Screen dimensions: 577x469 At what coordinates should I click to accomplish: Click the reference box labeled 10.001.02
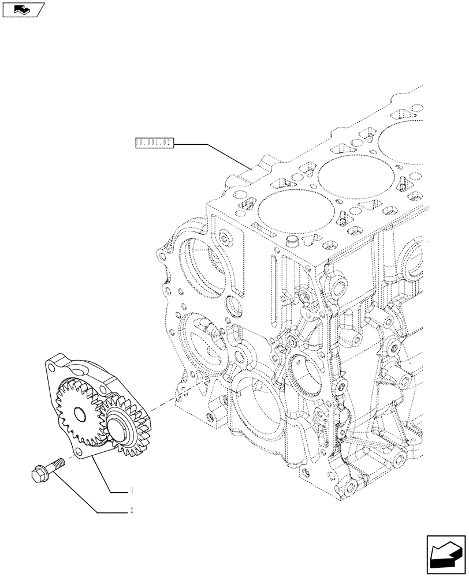click(x=154, y=142)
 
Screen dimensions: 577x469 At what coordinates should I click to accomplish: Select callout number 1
click(x=132, y=491)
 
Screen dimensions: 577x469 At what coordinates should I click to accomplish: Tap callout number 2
click(x=132, y=510)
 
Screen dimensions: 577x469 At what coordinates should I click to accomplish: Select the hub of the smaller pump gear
click(x=119, y=428)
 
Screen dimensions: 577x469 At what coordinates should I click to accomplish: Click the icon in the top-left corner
click(x=23, y=9)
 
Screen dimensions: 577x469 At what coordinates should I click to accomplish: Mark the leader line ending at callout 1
click(x=110, y=473)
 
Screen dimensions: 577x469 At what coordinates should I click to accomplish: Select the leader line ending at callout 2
click(x=87, y=490)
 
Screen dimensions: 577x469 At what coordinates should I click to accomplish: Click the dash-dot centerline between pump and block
click(x=173, y=398)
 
